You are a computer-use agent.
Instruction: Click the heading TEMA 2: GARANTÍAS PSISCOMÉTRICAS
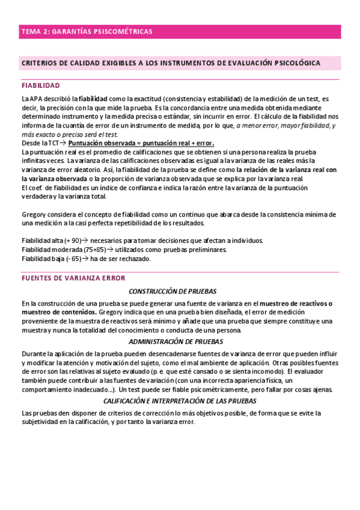tap(87, 31)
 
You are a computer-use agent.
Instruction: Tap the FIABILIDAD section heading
tap(40, 85)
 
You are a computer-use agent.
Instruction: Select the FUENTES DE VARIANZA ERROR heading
tap(73, 278)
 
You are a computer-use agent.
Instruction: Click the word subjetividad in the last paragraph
tap(41, 422)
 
